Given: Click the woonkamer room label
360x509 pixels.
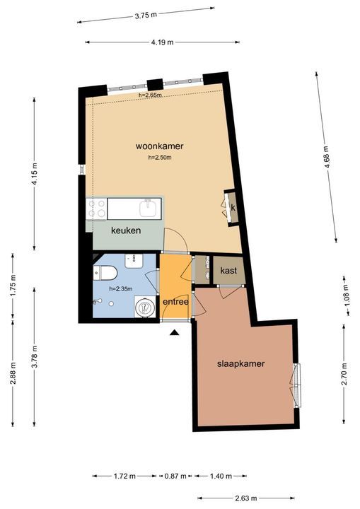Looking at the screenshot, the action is tap(160, 146).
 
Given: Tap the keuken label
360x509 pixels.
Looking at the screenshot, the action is tap(126, 230).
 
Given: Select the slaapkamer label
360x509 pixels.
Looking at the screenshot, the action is tap(240, 363).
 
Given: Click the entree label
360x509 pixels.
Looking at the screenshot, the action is tap(175, 302).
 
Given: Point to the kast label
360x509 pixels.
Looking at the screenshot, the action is tap(228, 270).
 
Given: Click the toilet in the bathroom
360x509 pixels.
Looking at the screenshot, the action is tap(105, 273).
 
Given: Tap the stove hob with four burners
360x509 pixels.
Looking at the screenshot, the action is tap(96, 208).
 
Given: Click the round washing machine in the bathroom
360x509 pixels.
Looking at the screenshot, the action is tap(145, 306).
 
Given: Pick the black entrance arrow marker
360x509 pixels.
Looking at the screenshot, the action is tap(175, 332).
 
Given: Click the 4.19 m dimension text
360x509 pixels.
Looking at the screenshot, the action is tap(162, 42).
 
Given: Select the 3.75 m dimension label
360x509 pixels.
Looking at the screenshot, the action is tap(146, 15).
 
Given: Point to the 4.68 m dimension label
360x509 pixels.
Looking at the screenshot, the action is tap(327, 157).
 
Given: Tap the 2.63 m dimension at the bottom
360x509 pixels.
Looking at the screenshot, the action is tap(246, 498).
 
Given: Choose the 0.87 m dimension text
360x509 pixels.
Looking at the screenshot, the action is tap(175, 476).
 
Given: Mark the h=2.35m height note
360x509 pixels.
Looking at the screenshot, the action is tap(121, 288).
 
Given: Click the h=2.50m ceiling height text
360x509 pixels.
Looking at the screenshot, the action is tap(160, 158).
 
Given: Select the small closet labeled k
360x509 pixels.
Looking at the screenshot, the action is tap(232, 208).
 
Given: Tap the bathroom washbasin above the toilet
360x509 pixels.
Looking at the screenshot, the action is tap(134, 261).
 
